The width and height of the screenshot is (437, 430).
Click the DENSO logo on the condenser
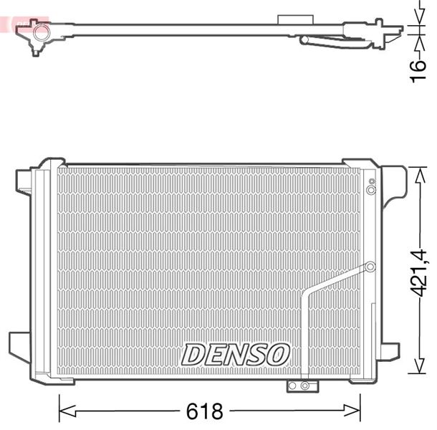[x=236, y=353]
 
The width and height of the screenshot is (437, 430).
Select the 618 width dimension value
[x=205, y=411]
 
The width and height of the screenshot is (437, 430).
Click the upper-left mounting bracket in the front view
[x=24, y=181]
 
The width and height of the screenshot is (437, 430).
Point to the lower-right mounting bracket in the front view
[x=389, y=350]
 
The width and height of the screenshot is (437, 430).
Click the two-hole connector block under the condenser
[x=300, y=386]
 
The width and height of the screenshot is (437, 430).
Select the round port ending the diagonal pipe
[x=370, y=267]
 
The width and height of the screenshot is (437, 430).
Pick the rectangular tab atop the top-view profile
[x=289, y=17]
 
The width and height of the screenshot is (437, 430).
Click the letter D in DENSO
[x=193, y=353]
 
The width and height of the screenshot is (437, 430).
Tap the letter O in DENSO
[x=279, y=353]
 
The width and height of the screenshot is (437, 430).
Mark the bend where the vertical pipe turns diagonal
[x=307, y=292]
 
